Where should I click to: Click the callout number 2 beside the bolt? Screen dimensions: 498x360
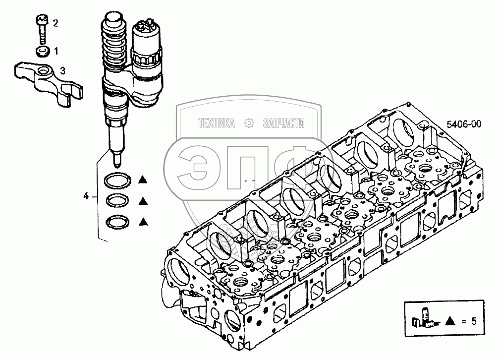[55, 23]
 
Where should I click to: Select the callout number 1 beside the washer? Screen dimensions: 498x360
[56, 51]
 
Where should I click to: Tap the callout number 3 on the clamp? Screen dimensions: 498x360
[62, 71]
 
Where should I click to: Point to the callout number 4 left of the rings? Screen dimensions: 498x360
[86, 196]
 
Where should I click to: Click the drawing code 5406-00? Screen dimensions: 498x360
[464, 124]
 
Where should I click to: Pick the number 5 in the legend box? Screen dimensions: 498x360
[474, 321]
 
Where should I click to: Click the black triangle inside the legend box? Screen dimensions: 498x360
[450, 321]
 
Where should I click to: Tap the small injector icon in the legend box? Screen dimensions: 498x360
[426, 318]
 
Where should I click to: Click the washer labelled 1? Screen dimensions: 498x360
[42, 52]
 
